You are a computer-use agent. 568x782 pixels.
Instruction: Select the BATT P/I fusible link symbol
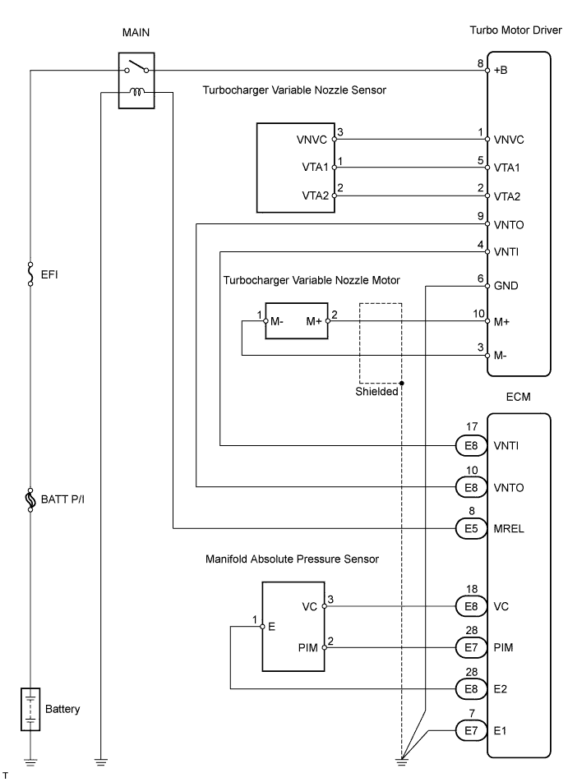click(30, 499)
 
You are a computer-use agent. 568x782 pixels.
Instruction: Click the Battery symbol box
click(30, 709)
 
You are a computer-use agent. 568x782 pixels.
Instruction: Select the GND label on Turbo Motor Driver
click(506, 286)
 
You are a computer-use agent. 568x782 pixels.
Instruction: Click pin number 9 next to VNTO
click(480, 216)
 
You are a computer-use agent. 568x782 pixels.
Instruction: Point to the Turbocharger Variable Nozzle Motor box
click(295, 321)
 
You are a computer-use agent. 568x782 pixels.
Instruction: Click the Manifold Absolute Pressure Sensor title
click(292, 559)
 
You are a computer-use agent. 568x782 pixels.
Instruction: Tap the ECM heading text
click(519, 397)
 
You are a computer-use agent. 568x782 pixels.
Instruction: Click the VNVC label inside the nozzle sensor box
click(312, 140)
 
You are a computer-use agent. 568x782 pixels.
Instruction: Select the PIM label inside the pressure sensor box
click(309, 648)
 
